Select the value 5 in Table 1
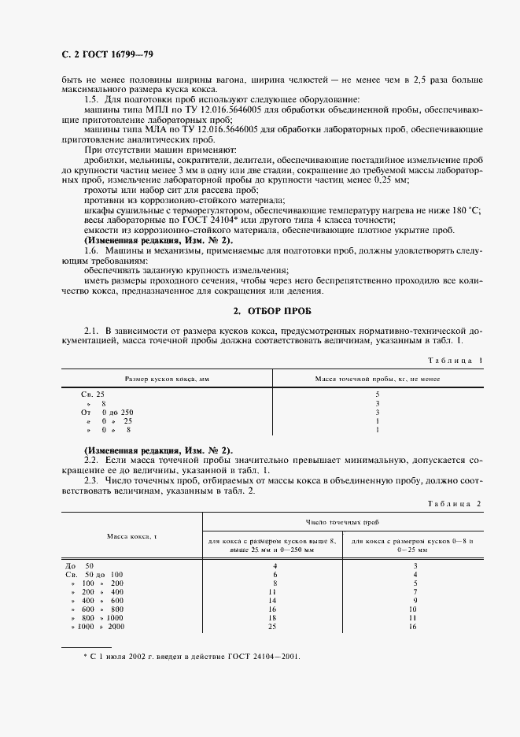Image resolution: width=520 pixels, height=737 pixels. [x=378, y=393]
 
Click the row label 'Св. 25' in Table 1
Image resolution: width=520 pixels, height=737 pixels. [x=93, y=393]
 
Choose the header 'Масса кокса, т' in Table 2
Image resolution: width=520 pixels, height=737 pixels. [x=132, y=535]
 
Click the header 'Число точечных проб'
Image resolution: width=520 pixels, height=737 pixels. [x=349, y=521]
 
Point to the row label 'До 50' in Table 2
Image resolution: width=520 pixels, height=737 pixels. [x=79, y=565]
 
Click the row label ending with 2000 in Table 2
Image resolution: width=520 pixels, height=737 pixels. [x=97, y=626]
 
